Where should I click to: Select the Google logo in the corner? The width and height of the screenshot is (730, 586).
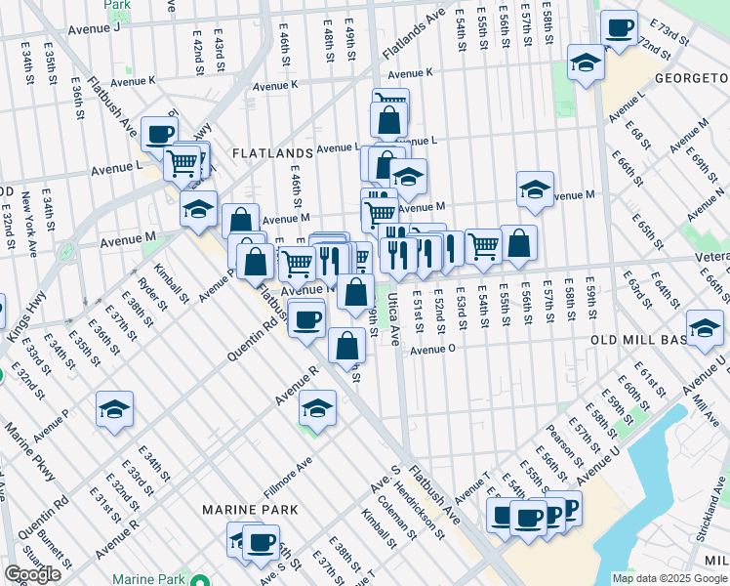coord(32,574)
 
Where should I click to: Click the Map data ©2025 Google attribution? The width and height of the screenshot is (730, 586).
coord(669,578)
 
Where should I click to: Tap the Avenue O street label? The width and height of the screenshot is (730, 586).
coord(433,350)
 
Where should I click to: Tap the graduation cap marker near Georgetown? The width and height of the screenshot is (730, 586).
coord(585,63)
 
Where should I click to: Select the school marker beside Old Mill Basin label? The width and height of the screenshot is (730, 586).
coord(704,328)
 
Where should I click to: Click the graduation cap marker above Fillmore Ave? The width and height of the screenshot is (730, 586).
coord(317,407)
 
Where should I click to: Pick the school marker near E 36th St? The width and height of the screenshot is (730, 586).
coord(114,409)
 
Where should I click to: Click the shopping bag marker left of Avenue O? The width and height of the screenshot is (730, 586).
coord(346,344)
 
